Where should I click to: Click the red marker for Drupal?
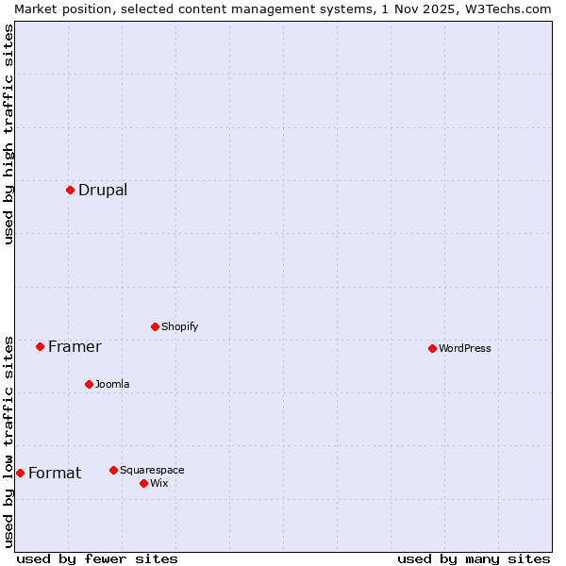[70, 190]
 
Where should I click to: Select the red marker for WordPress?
[432, 348]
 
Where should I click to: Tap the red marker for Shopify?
[155, 326]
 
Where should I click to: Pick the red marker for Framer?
[40, 346]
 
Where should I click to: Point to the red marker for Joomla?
[89, 384]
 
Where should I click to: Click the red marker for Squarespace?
[113, 470]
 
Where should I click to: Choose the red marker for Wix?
[143, 483]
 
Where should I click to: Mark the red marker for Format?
[20, 473]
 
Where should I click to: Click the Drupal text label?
[103, 190]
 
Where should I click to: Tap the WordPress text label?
[464, 348]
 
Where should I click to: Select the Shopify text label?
[179, 326]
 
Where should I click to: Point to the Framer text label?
[75, 346]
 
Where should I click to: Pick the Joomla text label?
[112, 384]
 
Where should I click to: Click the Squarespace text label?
[152, 470]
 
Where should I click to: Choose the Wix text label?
[158, 483]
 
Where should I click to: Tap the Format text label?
[55, 473]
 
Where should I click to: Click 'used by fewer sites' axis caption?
[97, 558]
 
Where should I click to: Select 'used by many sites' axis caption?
[474, 558]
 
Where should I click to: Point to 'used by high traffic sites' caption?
[9, 134]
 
